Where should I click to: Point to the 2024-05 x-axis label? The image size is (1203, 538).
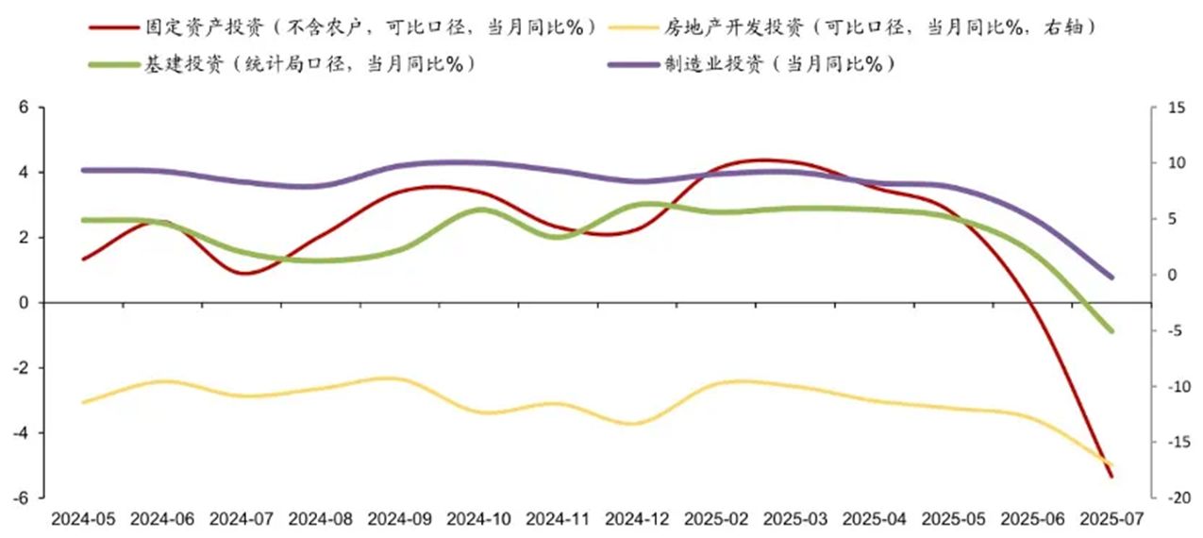[x=83, y=518]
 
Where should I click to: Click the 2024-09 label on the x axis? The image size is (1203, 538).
[x=400, y=518]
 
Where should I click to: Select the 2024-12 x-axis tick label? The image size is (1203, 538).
[x=638, y=518]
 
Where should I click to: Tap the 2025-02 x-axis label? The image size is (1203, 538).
[x=717, y=518]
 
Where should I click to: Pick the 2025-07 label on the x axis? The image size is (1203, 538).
[x=1112, y=518]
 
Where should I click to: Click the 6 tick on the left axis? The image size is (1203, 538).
[x=25, y=108]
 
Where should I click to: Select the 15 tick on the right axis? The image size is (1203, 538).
[x=1175, y=109]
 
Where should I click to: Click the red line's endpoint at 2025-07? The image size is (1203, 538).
[x=1111, y=477]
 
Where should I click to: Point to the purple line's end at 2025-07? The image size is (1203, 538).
[x=1111, y=277]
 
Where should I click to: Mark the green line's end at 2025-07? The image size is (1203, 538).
[x=1111, y=330]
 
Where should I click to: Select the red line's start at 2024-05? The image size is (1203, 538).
[x=84, y=259]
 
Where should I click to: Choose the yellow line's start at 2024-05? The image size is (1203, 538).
[x=84, y=402]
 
